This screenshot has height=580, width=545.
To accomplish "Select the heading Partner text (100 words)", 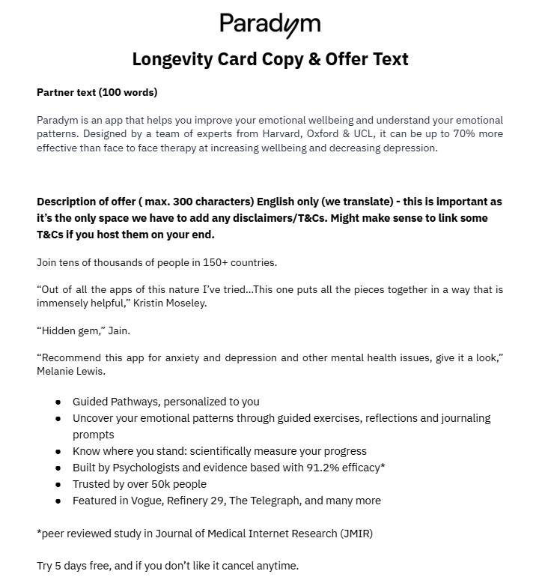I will click(x=97, y=93).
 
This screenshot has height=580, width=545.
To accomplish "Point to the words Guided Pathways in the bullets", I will click(x=118, y=402).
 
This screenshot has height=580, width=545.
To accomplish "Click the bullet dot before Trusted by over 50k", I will click(x=58, y=485).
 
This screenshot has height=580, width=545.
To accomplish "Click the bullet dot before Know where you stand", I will click(x=58, y=452).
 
